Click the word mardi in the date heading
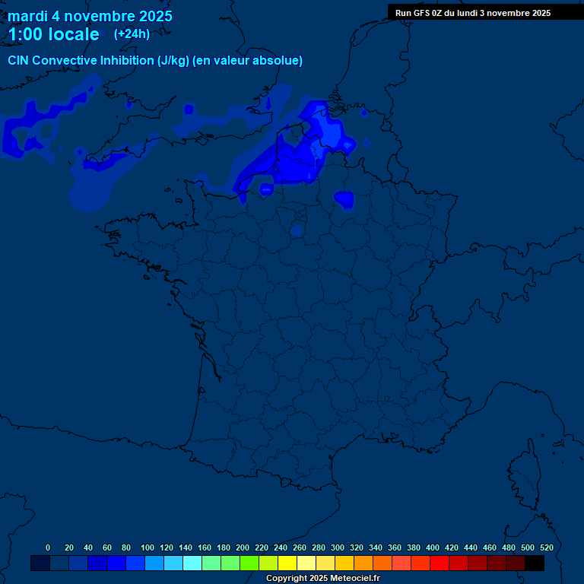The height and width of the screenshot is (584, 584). [28, 16]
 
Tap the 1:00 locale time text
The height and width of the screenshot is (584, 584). [53, 34]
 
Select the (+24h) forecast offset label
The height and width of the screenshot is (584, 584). [132, 33]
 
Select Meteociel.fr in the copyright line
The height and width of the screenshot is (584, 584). [354, 579]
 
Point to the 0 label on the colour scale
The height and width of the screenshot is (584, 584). [48, 547]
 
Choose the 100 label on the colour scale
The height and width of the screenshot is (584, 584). [148, 547]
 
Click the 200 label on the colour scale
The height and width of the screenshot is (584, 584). [243, 547]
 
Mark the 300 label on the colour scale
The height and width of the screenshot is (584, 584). [338, 547]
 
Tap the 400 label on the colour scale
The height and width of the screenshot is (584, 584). [433, 547]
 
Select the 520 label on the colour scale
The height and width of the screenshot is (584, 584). [546, 547]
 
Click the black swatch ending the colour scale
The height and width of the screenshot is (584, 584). [535, 563]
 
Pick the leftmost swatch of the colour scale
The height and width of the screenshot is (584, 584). [40, 563]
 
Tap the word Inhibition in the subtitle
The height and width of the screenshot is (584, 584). [126, 61]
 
